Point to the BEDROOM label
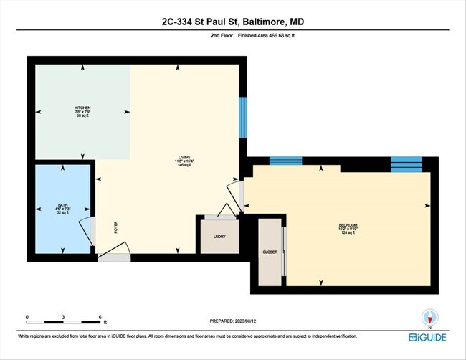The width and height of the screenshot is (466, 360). coord(348,226)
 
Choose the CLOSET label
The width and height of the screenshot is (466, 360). coord(270,252)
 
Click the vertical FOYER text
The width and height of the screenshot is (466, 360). coord(115,228)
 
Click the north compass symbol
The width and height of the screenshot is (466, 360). coord(430,316)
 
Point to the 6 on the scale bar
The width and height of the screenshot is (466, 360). coord(101,317)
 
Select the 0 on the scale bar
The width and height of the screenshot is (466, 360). coord(27,317)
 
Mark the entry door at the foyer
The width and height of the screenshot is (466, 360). coord(115,251)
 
